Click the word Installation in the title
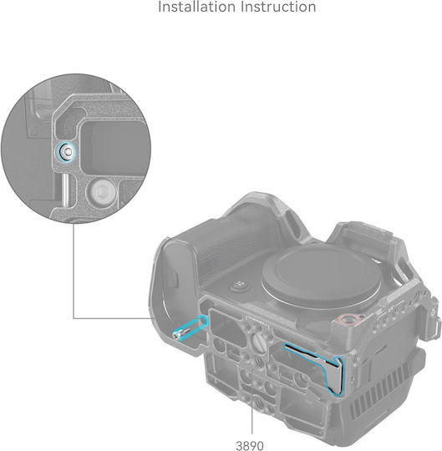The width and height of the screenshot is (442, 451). tap(196, 7)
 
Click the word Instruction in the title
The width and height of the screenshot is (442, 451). tap(278, 7)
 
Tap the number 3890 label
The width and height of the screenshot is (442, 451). tap(250, 445)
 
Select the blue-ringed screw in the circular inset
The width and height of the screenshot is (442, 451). tap(67, 151)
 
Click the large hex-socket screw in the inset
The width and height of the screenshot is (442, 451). tap(103, 191)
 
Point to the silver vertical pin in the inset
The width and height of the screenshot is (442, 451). tap(66, 190)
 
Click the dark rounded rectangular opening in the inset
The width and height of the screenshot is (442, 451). tap(112, 147)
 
